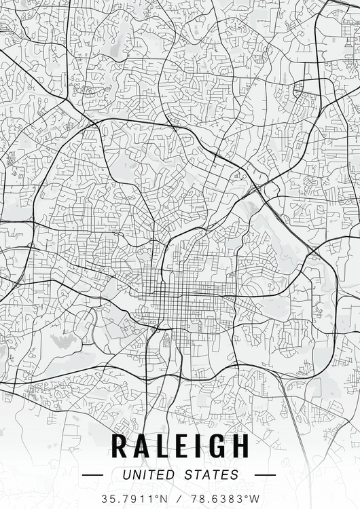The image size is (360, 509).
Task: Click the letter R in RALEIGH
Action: [x=120, y=446]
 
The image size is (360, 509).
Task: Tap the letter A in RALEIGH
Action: [x=141, y=446]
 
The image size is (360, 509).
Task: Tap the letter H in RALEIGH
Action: [x=239, y=446]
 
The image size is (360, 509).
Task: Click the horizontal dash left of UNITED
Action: [x=92, y=475]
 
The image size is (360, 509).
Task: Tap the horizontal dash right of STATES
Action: [x=265, y=475]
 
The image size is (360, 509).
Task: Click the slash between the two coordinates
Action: [x=179, y=498]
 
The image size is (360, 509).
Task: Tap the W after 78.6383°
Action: [x=254, y=498]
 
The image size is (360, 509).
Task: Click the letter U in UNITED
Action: [x=126, y=475]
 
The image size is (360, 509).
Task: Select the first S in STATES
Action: [x=191, y=475]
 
